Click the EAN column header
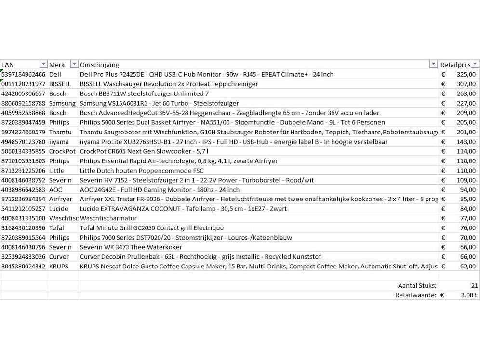pyautogui.click(x=8, y=65)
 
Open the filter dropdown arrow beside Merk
pyautogui.click(x=74, y=65)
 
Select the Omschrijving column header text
pyautogui.click(x=99, y=65)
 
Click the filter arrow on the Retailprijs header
pyautogui.click(x=475, y=65)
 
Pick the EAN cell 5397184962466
pyautogui.click(x=24, y=74)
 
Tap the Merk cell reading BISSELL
pyautogui.click(x=60, y=84)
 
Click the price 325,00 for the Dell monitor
pyautogui.click(x=466, y=74)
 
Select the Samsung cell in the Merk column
pyautogui.click(x=62, y=103)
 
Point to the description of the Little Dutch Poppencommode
pyautogui.click(x=142, y=171)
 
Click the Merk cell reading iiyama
pyautogui.click(x=59, y=142)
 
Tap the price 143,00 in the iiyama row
pyautogui.click(x=466, y=142)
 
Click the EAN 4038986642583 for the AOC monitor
pyautogui.click(x=24, y=189)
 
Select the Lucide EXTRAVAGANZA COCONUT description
pyautogui.click(x=183, y=209)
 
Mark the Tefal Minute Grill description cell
pyautogui.click(x=152, y=228)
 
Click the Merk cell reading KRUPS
pyautogui.click(x=59, y=266)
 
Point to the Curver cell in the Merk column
pyautogui.click(x=59, y=256)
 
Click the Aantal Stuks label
pyautogui.click(x=417, y=286)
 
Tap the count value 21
pyautogui.click(x=474, y=286)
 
